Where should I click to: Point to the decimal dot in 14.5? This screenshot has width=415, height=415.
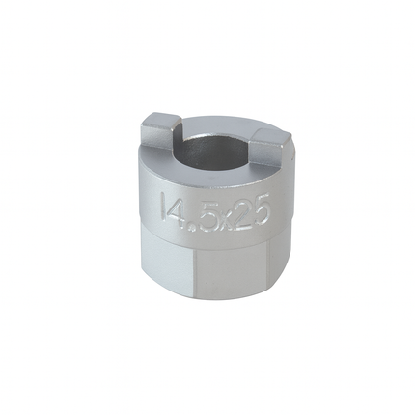coord(193,229)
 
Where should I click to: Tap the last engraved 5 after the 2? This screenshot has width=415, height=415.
coord(259,213)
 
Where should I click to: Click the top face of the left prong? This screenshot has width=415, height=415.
coord(161,119)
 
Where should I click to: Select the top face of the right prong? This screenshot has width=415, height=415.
coord(271,136)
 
